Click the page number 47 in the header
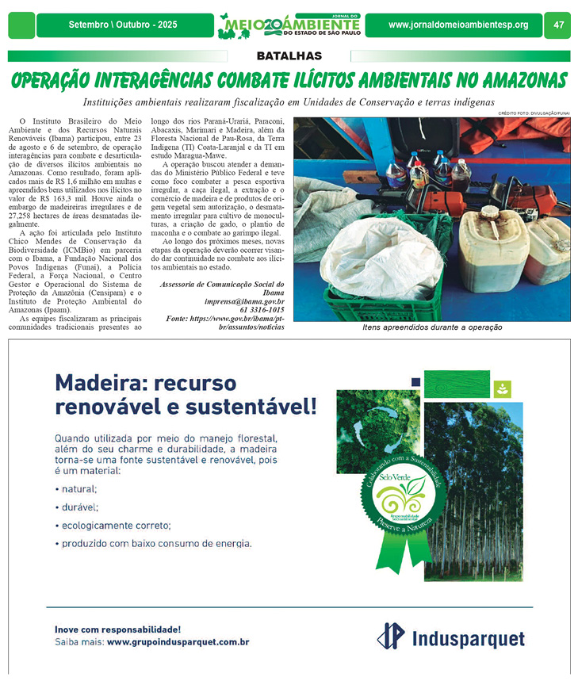click(x=559, y=25)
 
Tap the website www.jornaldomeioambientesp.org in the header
click(x=458, y=25)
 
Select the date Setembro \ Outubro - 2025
click(x=123, y=25)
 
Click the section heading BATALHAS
click(x=289, y=56)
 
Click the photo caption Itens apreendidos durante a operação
click(x=432, y=327)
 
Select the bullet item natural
click(x=79, y=489)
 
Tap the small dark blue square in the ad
click(x=415, y=381)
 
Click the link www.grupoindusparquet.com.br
click(x=178, y=642)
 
